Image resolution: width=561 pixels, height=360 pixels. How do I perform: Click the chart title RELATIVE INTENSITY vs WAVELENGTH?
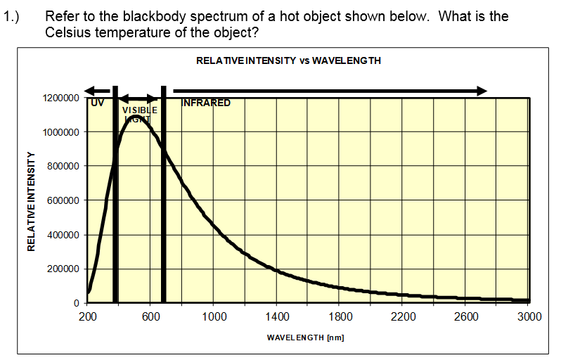(288, 60)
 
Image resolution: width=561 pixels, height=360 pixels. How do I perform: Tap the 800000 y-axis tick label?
(62, 167)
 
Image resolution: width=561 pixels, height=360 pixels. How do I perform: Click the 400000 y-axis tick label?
(62, 235)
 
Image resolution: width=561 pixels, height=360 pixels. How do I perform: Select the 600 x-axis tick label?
(150, 317)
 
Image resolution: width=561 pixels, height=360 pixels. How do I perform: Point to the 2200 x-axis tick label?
(403, 317)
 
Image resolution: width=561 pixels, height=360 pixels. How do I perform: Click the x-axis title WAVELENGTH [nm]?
(305, 338)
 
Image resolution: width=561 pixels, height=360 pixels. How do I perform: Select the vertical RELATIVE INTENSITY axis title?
(31, 201)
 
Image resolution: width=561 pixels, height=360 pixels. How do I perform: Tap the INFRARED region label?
(206, 103)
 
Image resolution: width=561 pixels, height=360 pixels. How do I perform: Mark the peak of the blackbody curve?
(135, 116)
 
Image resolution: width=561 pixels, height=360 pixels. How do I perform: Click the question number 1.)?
(13, 16)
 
